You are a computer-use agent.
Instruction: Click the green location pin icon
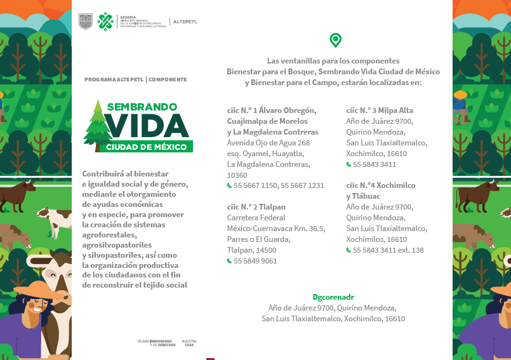335,41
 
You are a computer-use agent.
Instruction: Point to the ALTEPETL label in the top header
185,22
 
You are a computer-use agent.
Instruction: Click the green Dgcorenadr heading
333,297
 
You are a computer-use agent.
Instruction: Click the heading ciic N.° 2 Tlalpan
256,207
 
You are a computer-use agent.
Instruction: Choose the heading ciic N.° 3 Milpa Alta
380,110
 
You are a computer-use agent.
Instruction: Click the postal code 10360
237,175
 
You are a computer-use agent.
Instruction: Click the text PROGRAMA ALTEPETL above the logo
114,79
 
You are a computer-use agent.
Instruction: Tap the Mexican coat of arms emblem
85,22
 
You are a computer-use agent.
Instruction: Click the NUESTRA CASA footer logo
189,343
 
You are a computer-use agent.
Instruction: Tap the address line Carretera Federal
253,218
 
